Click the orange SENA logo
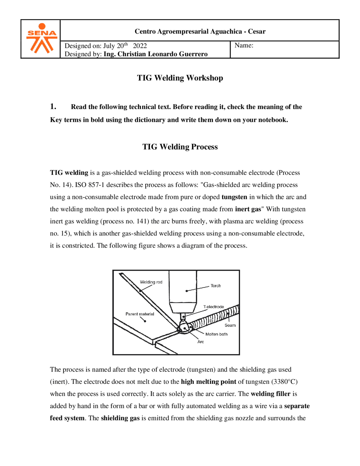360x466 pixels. [42, 39]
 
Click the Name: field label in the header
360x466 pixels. [244, 45]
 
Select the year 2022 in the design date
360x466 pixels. [140, 46]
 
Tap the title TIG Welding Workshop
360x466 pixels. [180, 78]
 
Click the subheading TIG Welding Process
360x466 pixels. [180, 147]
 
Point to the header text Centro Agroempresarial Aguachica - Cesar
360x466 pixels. [200, 31]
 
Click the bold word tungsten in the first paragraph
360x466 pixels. [234, 197]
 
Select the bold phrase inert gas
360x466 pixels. [248, 209]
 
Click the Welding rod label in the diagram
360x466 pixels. [151, 282]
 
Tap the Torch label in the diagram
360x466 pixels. [216, 286]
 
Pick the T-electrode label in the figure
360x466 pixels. [213, 307]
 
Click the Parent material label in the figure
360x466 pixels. [140, 314]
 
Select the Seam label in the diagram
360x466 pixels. [230, 325]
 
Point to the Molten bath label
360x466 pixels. [216, 334]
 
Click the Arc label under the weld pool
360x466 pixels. [201, 342]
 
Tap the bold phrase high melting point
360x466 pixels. [208, 382]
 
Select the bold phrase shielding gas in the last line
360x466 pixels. [120, 418]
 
